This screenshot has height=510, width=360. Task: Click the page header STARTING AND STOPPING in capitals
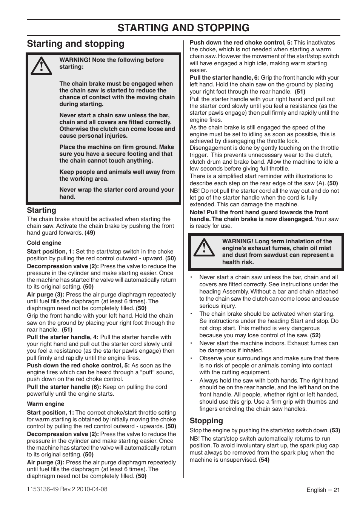183,28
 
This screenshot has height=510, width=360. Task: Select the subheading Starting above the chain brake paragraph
42,210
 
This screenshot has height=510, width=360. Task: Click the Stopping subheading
206,421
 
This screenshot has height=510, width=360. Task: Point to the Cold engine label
44,243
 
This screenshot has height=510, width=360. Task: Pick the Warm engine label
45,404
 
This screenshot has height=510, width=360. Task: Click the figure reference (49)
90,233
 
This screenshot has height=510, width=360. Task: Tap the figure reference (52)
315,335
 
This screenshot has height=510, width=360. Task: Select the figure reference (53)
335,430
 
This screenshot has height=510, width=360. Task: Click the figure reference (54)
264,460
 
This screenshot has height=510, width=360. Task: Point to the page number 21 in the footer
337,490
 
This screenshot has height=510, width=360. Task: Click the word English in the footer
316,490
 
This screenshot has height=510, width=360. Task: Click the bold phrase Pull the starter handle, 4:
63,337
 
